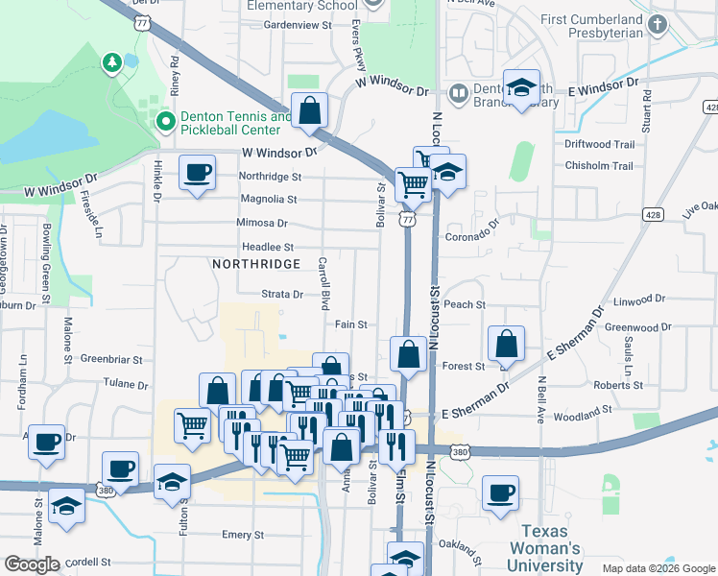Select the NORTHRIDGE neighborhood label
[x=255, y=263]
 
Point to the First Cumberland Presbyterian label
[x=591, y=26]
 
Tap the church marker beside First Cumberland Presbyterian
[x=657, y=25]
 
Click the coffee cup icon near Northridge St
[x=199, y=174]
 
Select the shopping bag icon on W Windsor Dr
[x=310, y=111]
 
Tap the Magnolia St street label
[x=267, y=200]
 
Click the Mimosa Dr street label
[x=261, y=223]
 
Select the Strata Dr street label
[x=283, y=295]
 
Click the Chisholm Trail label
[x=599, y=165]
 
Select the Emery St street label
[x=235, y=535]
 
